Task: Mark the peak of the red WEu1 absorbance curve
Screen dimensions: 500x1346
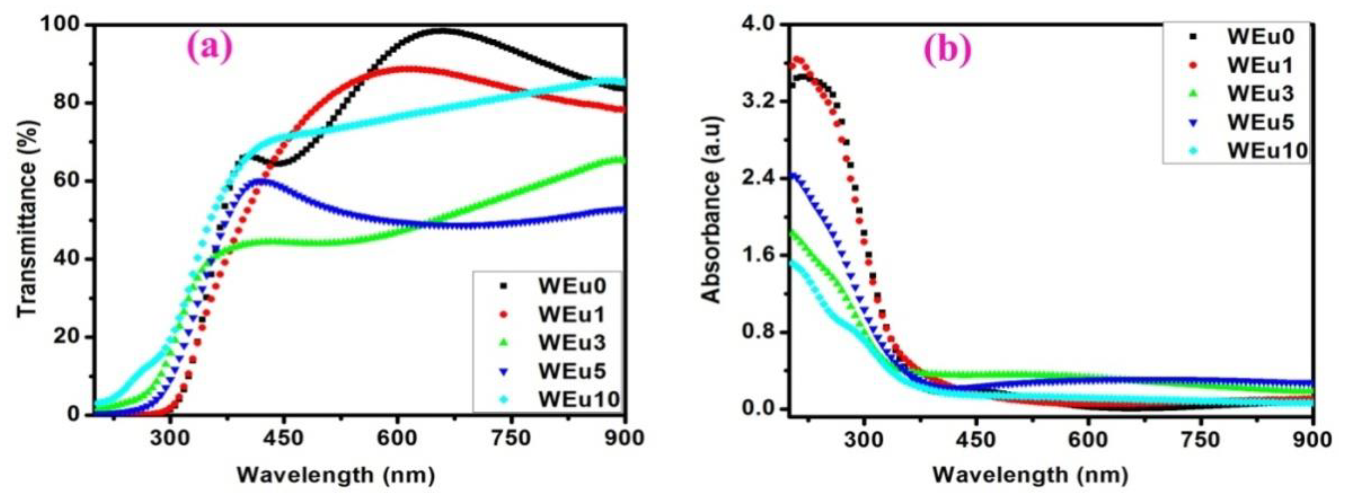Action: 797,59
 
